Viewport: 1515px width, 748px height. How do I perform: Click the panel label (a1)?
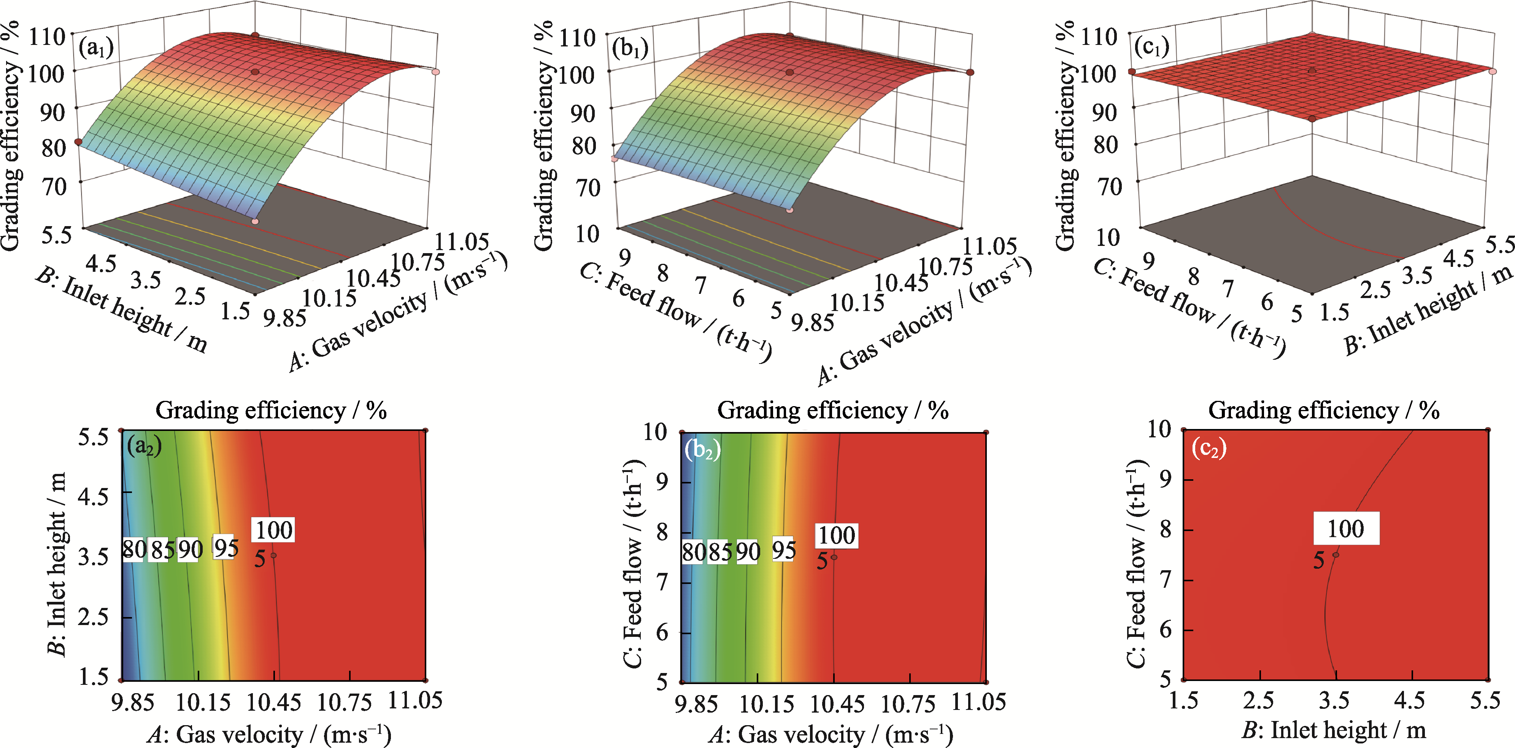[x=96, y=48]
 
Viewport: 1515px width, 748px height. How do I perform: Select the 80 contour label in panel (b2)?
[x=693, y=552]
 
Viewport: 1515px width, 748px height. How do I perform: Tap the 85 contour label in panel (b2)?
[x=720, y=552]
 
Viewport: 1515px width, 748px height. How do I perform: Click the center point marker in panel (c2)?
[x=1336, y=554]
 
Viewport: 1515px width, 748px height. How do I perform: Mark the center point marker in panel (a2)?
[x=273, y=555]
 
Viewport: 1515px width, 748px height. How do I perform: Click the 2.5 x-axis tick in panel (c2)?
[x=1259, y=700]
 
